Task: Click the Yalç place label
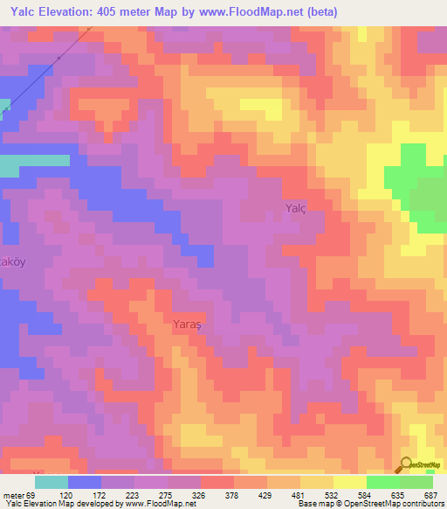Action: tap(296, 208)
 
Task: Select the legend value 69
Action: tap(31, 495)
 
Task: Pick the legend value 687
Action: tap(430, 495)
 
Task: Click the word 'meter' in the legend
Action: tap(13, 495)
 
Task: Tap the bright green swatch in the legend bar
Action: tap(382, 482)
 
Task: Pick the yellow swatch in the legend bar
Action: tap(349, 482)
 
